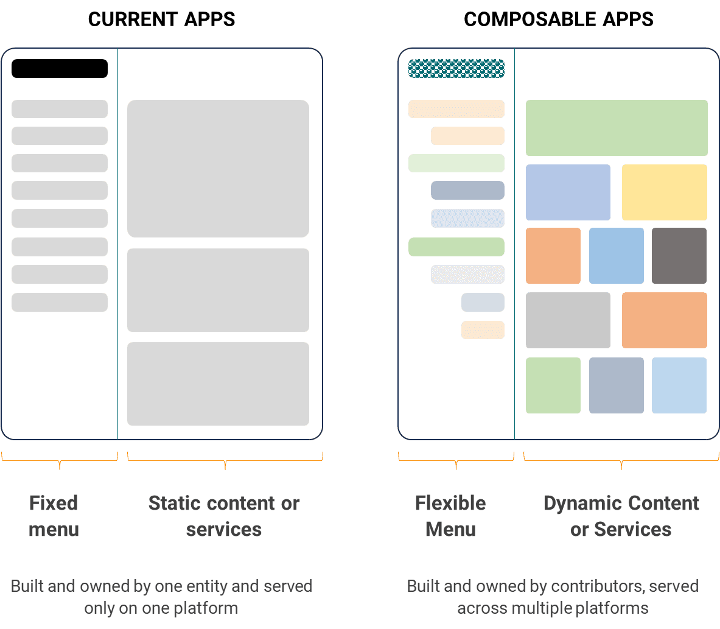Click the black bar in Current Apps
click(x=60, y=68)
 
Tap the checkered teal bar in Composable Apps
click(x=456, y=68)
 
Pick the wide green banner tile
click(x=617, y=128)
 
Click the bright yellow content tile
click(x=665, y=192)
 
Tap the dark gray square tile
click(x=679, y=256)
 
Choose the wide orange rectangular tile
click(x=665, y=320)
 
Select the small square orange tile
click(x=553, y=256)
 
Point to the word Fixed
click(x=54, y=504)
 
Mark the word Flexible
click(x=450, y=504)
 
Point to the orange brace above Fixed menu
click(x=60, y=461)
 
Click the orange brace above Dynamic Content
click(x=621, y=461)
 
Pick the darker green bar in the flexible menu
click(x=456, y=247)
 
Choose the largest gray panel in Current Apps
click(x=218, y=169)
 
